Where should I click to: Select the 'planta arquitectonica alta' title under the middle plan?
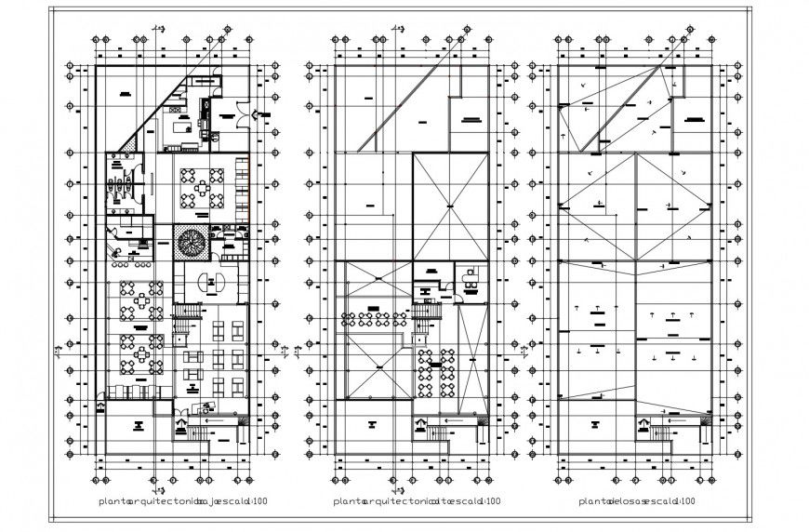(x=381, y=502)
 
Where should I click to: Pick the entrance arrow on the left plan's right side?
(x=259, y=113)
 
